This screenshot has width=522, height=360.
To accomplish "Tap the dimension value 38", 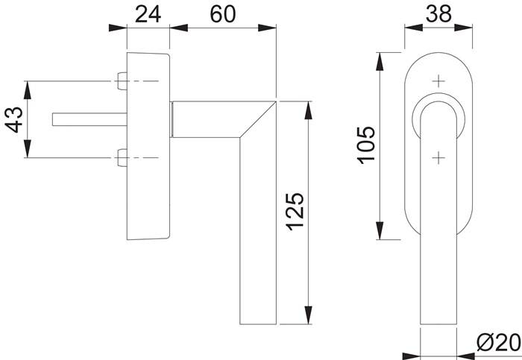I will (x=439, y=13).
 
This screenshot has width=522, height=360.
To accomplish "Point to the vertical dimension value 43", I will (x=14, y=119).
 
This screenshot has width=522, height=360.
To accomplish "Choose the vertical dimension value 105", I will (x=366, y=147).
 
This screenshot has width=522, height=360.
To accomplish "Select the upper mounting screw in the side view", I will (x=122, y=80).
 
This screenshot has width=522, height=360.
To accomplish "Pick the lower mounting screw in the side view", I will (x=122, y=157).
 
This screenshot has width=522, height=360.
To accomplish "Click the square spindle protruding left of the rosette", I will (x=86, y=119).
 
